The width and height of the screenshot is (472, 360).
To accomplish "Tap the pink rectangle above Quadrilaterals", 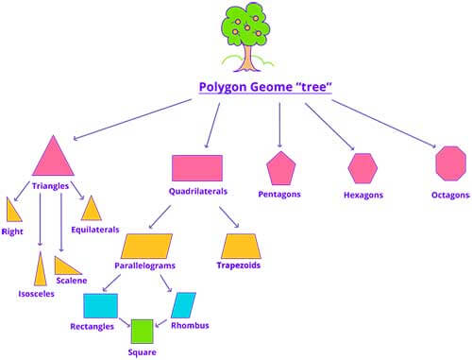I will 197,167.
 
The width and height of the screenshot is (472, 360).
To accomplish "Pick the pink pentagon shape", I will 280,168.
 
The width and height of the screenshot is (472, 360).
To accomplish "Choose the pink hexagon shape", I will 362,168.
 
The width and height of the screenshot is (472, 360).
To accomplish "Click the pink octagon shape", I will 450,163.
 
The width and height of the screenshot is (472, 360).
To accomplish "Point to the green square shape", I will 143,331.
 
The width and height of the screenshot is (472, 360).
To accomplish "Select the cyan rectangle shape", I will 100,305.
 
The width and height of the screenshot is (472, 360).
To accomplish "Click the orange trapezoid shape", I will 241,246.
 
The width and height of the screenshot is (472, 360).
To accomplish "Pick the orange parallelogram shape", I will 147,246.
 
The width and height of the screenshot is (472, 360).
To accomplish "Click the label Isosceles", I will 36,294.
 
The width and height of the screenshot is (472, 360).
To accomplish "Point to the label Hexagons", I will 363,196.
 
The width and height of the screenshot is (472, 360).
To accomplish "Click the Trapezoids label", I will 241,266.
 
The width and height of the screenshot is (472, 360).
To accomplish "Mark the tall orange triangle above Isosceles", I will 41,268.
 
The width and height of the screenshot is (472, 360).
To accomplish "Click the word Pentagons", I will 280,194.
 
